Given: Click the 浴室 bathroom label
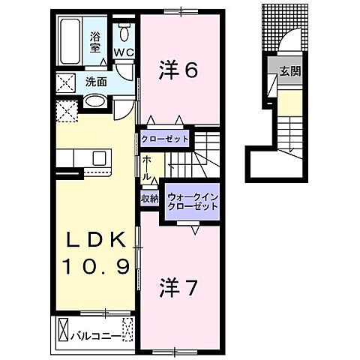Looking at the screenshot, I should (x=96, y=41).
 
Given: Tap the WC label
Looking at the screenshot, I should (x=124, y=52).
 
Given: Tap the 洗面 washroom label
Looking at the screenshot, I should (x=95, y=81).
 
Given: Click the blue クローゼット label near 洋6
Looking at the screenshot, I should (x=165, y=139).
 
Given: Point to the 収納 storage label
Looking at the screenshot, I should (x=149, y=198).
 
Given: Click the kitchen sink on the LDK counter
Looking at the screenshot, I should (x=100, y=158).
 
